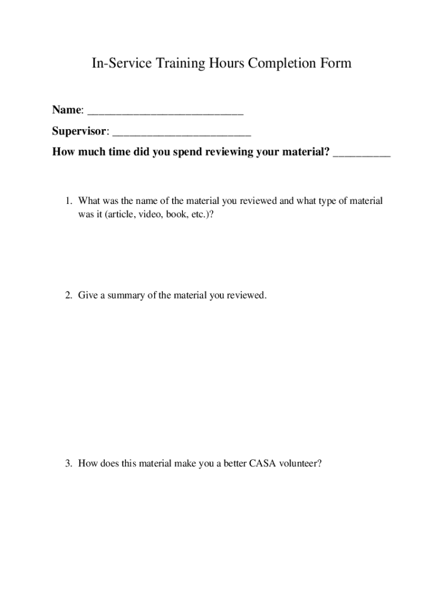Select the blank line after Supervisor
pyautogui.click(x=182, y=132)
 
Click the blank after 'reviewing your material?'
pyautogui.click(x=361, y=153)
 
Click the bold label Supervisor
pyautogui.click(x=79, y=131)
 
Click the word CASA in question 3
pyautogui.click(x=262, y=463)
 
